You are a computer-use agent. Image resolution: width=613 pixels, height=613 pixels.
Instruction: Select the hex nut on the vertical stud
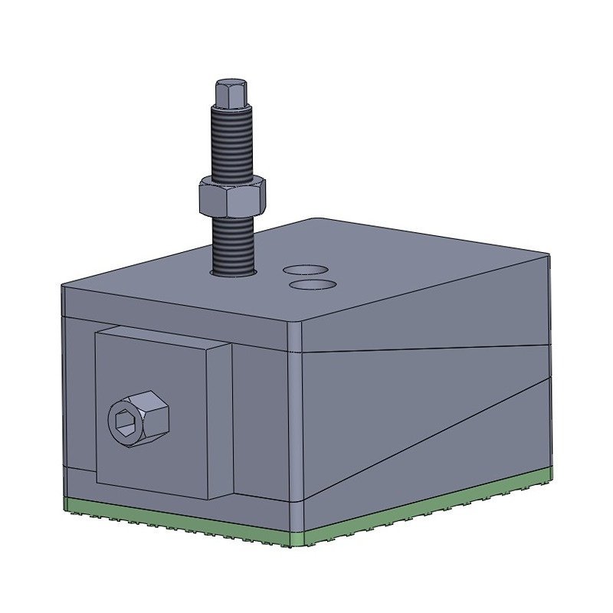point(232,196)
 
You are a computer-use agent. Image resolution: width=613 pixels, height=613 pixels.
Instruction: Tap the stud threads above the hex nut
point(231,142)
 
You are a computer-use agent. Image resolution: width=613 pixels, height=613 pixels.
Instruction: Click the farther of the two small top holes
point(305,270)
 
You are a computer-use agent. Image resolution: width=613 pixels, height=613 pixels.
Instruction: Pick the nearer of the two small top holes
point(313,284)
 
